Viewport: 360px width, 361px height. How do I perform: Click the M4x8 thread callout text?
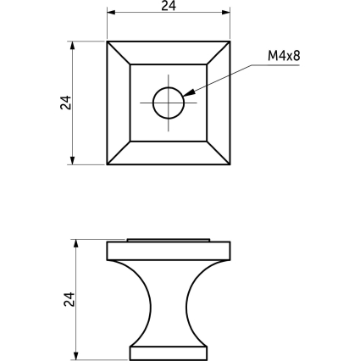(x=284, y=56)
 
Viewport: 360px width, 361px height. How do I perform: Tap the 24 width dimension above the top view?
(x=169, y=6)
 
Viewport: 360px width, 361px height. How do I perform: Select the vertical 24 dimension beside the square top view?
(x=66, y=103)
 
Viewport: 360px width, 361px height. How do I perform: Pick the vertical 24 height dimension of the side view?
(x=69, y=299)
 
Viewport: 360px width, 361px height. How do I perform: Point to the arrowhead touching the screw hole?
(x=189, y=92)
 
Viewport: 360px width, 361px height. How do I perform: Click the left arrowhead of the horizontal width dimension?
(x=111, y=13)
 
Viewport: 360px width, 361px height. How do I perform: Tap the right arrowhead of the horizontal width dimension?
(x=226, y=13)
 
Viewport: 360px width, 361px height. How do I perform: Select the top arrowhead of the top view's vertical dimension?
(x=73, y=46)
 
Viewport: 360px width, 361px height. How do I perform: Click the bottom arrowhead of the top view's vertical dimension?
(x=73, y=160)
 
